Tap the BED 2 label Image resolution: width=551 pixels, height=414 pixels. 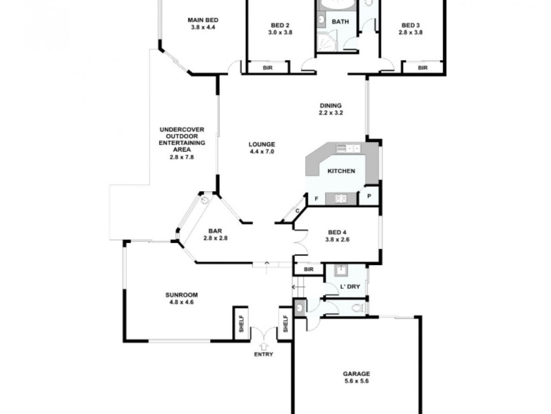click(280, 26)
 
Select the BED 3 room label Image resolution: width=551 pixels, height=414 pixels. click(411, 26)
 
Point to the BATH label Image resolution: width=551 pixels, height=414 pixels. click(340, 22)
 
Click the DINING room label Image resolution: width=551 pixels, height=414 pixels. click(330, 105)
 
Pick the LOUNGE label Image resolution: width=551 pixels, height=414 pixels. click(262, 144)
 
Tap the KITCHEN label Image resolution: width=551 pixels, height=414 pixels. click(341, 170)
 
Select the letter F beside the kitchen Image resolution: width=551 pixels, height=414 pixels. click(315, 199)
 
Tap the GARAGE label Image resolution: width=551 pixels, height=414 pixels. click(357, 374)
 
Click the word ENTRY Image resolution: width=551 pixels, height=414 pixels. click(264, 355)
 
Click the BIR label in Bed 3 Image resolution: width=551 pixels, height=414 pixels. click(422, 68)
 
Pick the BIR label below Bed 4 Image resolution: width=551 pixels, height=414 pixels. click(309, 269)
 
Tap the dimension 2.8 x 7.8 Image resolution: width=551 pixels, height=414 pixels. click(182, 157)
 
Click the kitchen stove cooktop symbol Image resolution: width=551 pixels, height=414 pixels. click(341, 199)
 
